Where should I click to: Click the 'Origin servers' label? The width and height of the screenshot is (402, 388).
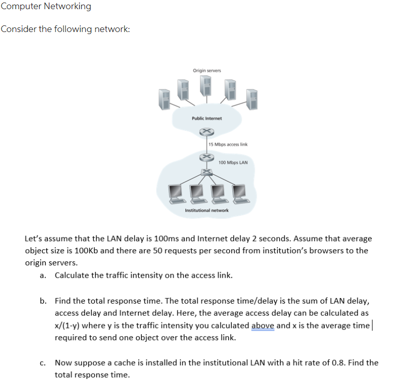[x=207, y=70]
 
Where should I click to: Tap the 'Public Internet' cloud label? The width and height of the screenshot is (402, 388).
[x=207, y=118]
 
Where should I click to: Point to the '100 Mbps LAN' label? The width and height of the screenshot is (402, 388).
[x=233, y=163]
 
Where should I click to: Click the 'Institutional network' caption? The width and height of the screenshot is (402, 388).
[x=207, y=210]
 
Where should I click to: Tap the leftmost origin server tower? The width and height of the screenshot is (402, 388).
[x=163, y=100]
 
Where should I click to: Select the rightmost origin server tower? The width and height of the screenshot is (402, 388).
[x=252, y=100]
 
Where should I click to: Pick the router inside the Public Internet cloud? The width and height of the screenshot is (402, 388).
[x=206, y=132]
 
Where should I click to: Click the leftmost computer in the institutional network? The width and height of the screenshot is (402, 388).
[x=176, y=193]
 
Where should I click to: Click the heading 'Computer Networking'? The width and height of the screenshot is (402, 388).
[x=46, y=7]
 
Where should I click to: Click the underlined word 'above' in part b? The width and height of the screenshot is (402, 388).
[x=263, y=325]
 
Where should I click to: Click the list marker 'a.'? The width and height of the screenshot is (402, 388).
[x=43, y=276]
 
